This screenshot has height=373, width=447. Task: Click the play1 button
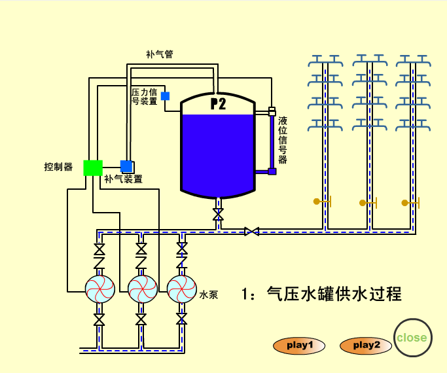(299, 346)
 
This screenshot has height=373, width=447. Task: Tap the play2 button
(365, 346)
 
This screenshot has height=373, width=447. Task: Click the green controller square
(93, 168)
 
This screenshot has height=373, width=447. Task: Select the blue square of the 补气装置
(126, 166)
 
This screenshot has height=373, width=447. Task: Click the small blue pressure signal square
(165, 96)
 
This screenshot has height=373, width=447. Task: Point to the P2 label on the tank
(218, 104)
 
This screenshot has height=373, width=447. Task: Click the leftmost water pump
(100, 287)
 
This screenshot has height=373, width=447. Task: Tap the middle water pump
(142, 287)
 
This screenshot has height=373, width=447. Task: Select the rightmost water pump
(182, 287)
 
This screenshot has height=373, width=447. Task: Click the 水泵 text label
(209, 296)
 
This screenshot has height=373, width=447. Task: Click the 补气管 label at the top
(159, 54)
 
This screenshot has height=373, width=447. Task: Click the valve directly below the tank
(218, 214)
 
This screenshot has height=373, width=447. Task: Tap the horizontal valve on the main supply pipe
(251, 231)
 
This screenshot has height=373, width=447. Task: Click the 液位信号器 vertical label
(283, 139)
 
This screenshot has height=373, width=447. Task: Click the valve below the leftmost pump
(99, 320)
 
